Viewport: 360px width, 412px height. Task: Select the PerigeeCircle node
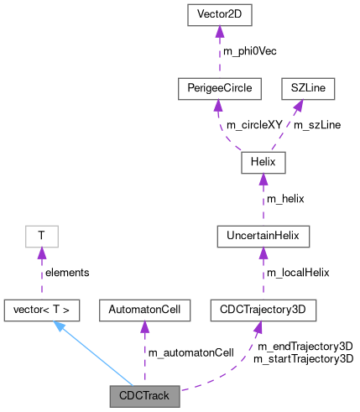click(x=217, y=88)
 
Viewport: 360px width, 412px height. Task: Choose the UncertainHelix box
click(x=263, y=237)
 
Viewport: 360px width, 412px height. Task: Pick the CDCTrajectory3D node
click(x=263, y=310)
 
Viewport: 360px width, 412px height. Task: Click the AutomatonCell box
click(x=144, y=310)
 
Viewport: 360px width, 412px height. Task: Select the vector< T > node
click(x=42, y=310)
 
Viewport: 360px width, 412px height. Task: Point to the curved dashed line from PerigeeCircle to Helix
click(x=225, y=130)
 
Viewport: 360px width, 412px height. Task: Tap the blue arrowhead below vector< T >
click(x=60, y=326)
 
